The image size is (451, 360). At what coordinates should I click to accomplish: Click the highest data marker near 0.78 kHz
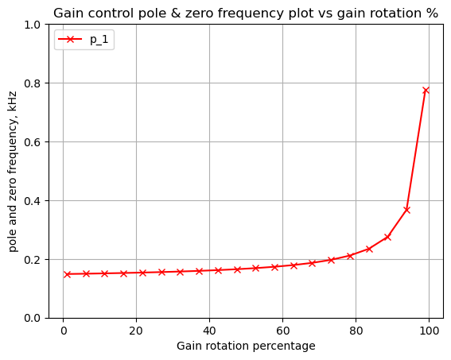click(x=426, y=91)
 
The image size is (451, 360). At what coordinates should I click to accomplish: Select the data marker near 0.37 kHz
click(x=406, y=210)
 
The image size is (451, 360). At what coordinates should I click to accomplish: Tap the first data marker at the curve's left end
click(x=67, y=274)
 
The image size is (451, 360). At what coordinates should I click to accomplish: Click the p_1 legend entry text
click(x=99, y=40)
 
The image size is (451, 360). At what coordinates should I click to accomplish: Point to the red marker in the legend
click(x=70, y=39)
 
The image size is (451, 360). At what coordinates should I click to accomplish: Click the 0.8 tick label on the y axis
click(x=33, y=83)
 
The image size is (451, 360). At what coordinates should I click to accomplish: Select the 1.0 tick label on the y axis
click(x=33, y=25)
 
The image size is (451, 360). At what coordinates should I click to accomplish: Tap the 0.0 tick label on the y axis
click(x=33, y=319)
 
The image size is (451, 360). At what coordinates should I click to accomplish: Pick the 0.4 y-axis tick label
click(x=33, y=201)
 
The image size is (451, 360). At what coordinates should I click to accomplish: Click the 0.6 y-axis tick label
click(x=33, y=142)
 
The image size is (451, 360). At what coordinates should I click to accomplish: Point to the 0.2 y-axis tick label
click(x=33, y=260)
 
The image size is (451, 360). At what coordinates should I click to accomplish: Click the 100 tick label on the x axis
click(x=429, y=331)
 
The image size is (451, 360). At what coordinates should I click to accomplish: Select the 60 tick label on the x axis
click(x=282, y=331)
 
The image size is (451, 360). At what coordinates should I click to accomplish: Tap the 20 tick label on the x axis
click(x=136, y=331)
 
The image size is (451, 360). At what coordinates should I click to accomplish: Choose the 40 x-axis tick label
click(x=209, y=331)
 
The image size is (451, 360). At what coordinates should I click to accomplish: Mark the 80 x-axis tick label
click(x=356, y=331)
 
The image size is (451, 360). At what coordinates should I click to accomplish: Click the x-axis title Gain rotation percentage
click(x=246, y=346)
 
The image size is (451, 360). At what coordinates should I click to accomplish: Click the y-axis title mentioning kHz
click(x=14, y=172)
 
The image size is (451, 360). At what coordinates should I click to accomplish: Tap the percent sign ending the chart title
click(x=433, y=14)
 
